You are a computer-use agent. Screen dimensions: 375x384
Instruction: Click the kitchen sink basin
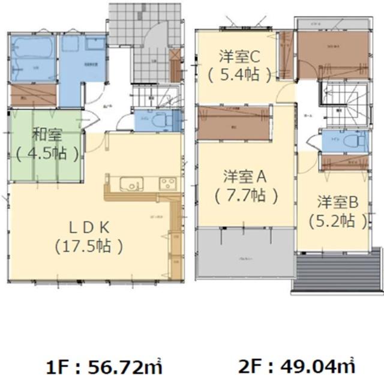click(x=129, y=183)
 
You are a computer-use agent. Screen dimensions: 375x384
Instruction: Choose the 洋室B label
click(x=338, y=202)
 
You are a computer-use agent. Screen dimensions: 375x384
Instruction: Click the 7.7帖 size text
click(x=245, y=195)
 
